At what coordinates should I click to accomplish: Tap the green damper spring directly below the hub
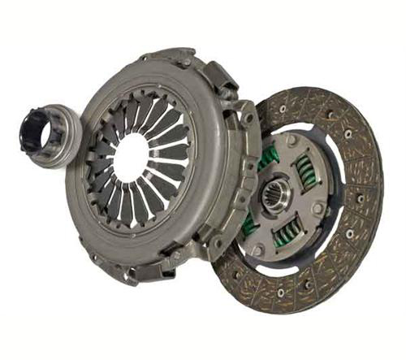click(284, 235)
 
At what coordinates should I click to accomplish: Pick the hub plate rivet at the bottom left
click(258, 248)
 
